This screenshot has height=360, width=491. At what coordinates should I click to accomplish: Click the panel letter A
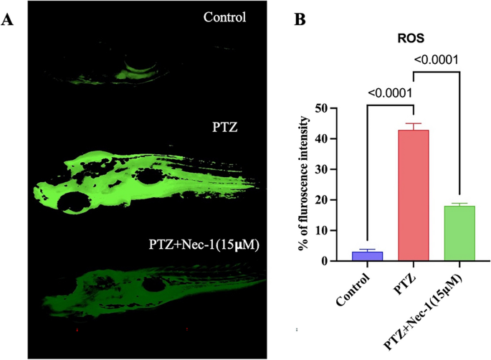coord(8,19)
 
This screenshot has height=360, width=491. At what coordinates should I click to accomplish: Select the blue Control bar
coord(371,256)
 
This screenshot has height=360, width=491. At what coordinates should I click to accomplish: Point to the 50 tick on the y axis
coord(331,108)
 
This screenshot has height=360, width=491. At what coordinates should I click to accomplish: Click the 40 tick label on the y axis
coord(331,139)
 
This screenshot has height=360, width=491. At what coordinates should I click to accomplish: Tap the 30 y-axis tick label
coord(331,170)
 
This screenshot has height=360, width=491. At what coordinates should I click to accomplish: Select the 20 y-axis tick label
coord(331,200)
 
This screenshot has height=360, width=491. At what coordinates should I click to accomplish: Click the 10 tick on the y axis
coord(331,231)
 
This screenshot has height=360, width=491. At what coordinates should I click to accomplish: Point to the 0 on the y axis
coord(334,261)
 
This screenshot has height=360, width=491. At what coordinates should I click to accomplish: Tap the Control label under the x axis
coord(356,285)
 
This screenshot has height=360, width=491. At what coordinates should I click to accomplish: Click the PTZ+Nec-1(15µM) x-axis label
coord(431,305)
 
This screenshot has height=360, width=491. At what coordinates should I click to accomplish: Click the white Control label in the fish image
coord(224,16)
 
